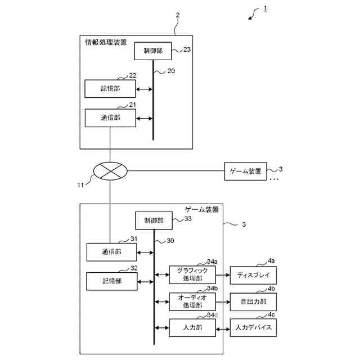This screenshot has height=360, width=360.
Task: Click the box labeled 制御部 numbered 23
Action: tap(152, 51)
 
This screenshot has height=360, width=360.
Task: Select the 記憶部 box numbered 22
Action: tap(110, 89)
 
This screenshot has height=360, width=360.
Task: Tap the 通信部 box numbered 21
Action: tap(110, 118)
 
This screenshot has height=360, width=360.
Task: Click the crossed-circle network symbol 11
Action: tap(110, 170)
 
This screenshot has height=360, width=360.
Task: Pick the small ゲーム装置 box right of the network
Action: tap(246, 171)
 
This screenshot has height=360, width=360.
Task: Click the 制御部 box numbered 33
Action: tap(153, 220)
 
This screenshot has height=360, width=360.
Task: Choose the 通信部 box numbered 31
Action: tap(111, 252)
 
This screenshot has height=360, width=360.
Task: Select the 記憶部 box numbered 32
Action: tap(111, 281)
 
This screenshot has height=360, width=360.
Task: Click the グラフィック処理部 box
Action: tap(193, 274)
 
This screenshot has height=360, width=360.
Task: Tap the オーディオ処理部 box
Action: tap(193, 301)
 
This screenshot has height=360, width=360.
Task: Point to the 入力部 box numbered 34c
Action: tap(193, 327)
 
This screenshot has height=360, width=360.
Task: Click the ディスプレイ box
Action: tap(253, 275)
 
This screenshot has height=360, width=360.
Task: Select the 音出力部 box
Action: tap(253, 301)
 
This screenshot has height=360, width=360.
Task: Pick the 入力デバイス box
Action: tap(253, 327)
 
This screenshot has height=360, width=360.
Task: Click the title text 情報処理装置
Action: tap(105, 42)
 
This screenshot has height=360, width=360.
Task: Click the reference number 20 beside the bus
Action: tap(171, 71)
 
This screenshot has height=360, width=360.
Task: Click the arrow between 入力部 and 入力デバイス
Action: tap(223, 327)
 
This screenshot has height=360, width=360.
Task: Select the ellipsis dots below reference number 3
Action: tap(274, 179)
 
